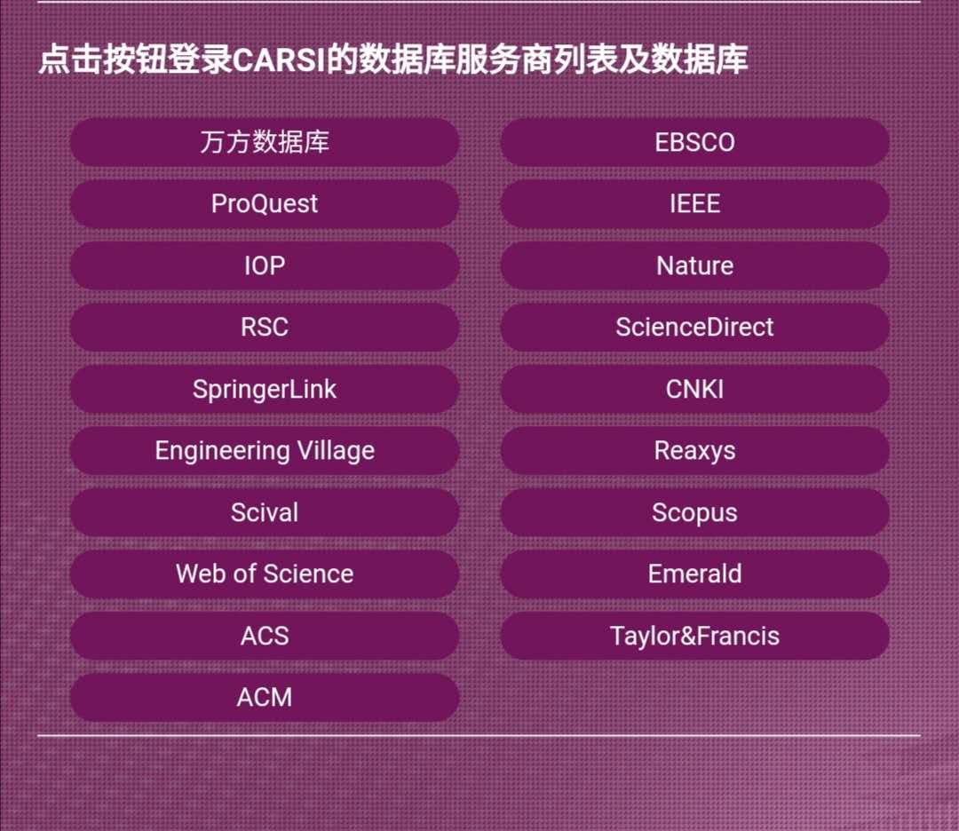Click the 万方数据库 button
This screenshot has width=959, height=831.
tap(265, 142)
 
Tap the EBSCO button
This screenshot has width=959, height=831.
tap(694, 142)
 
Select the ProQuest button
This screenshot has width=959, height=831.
tap(265, 203)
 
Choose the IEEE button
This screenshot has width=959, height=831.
tap(694, 203)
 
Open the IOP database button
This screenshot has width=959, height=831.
tap(265, 265)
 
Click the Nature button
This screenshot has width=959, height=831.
tap(694, 265)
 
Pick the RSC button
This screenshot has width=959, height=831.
tap(265, 327)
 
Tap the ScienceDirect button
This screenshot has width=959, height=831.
tap(694, 327)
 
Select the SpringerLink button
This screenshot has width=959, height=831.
tap(265, 389)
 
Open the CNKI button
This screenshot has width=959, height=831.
tap(694, 389)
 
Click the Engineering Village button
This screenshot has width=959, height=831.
tap(265, 451)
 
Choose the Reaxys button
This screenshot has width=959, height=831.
tap(694, 451)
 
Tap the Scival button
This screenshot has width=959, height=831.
tap(265, 512)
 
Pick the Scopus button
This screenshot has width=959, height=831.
tap(694, 512)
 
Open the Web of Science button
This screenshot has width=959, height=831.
tap(265, 574)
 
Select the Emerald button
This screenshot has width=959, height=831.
tap(694, 574)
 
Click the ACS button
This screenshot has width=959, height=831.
tap(265, 636)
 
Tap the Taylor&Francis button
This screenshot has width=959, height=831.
tap(694, 636)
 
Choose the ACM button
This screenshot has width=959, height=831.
tap(265, 698)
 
